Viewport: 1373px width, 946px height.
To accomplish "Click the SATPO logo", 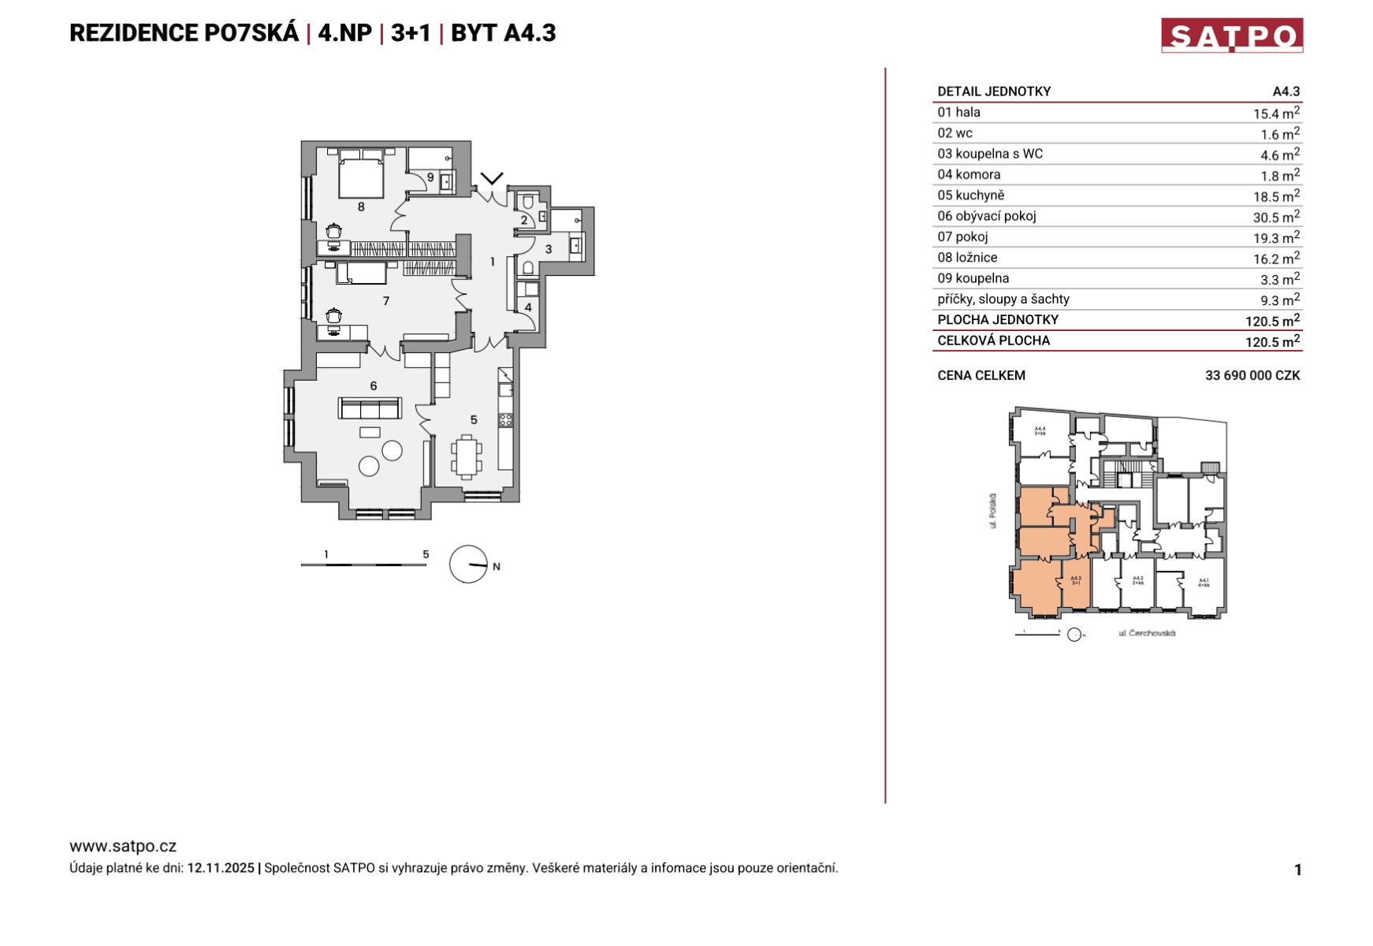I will coord(1231,35).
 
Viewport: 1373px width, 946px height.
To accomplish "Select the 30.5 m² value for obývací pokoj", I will coord(1275,217).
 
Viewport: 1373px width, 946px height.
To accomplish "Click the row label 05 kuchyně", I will coord(970,196).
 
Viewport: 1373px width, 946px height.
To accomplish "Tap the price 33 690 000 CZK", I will coord(1252,375).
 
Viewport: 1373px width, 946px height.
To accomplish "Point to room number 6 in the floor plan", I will coord(374,385).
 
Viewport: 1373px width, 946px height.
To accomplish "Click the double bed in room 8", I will coord(361,177).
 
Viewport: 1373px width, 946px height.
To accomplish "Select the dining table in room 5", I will coord(467,457).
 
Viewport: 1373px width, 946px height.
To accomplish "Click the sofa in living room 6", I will coord(370,408).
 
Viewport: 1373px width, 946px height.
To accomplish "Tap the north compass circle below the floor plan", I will coord(468,564).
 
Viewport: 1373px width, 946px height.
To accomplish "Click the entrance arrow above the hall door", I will coord(492,178).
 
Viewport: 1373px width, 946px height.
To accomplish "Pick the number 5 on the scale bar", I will coord(426,554).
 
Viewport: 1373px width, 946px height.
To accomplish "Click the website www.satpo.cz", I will coord(123,846).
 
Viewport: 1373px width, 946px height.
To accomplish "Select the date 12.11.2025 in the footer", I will coord(221,868).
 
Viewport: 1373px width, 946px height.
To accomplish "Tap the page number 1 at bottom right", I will coord(1297,870).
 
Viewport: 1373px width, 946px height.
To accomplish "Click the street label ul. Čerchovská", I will coord(1147,633).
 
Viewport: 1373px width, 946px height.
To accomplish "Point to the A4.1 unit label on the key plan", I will coord(1203,582).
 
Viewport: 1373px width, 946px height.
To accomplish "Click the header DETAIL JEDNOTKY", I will coord(993,91).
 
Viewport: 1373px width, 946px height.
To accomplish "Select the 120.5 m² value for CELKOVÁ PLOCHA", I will coord(1271,341).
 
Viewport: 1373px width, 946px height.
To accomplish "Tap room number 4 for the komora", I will coord(528,307).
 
